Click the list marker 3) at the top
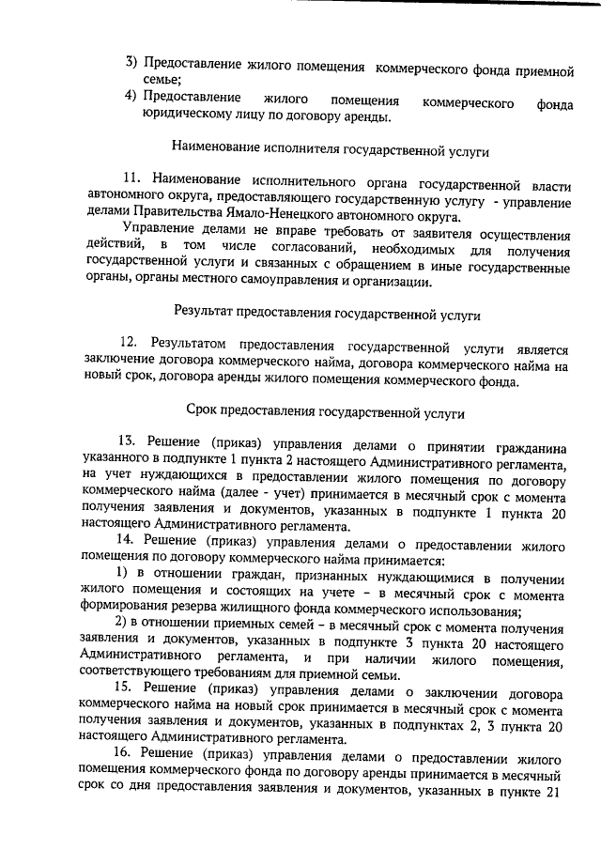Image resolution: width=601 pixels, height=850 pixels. click(x=133, y=63)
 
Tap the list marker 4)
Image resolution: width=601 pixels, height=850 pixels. click(x=133, y=98)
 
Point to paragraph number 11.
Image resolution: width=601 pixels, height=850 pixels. click(x=131, y=180)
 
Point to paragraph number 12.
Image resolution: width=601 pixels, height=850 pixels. click(x=131, y=344)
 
